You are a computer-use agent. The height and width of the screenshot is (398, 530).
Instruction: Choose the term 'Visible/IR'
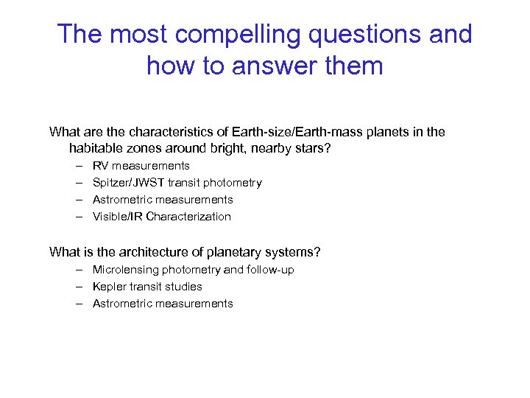[118, 217]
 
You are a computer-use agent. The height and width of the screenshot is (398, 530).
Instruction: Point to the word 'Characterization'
[188, 217]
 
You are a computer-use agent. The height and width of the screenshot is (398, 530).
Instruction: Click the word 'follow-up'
[270, 270]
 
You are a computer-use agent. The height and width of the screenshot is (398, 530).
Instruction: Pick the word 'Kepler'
[108, 287]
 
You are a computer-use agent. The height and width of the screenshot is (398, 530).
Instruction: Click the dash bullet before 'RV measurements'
[77, 166]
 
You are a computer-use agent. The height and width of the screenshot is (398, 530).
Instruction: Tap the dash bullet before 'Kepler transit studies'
[77, 287]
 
